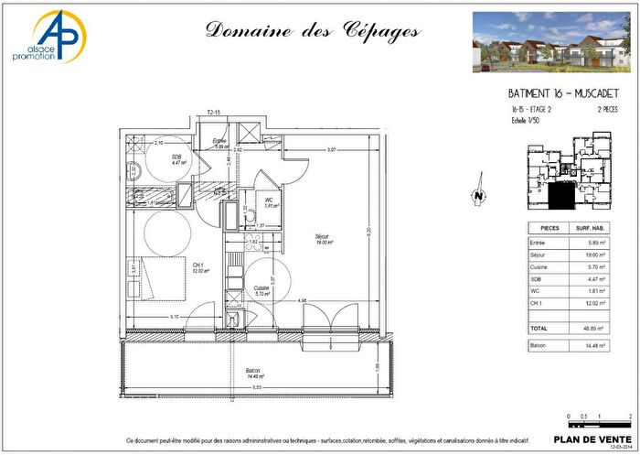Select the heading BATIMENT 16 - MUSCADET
pyautogui.click(x=564, y=94)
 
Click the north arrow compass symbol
pyautogui.click(x=476, y=194)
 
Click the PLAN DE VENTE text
pyautogui.click(x=592, y=438)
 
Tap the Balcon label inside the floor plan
pyautogui.click(x=252, y=372)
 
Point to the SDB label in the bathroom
pyautogui.click(x=176, y=157)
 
